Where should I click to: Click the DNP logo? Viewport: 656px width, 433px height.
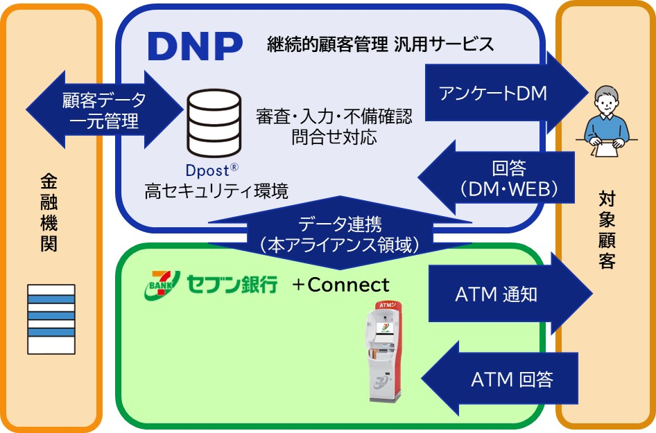pos(195,46)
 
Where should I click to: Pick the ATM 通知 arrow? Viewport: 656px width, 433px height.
pos(506,294)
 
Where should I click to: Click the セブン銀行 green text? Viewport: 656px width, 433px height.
pos(232,284)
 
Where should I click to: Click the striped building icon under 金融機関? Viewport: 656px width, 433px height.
pos(51,318)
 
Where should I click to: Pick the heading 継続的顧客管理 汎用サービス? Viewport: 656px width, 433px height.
pos(380,45)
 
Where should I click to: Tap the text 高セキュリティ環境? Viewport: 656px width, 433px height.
pos(216,191)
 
